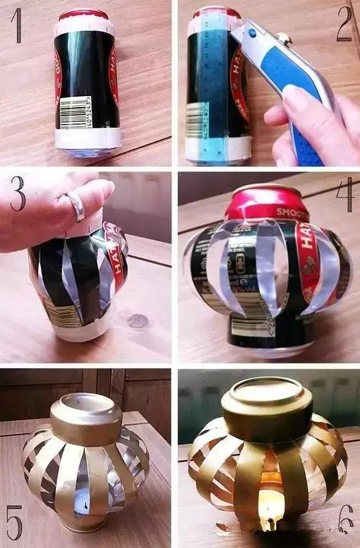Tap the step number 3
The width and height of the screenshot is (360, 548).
(18, 193)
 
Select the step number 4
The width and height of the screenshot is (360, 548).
(344, 194)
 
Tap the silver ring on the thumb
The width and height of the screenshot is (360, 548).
(76, 206)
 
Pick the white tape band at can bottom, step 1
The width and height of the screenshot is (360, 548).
(88, 138)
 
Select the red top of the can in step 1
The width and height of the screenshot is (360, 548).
(83, 14)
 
